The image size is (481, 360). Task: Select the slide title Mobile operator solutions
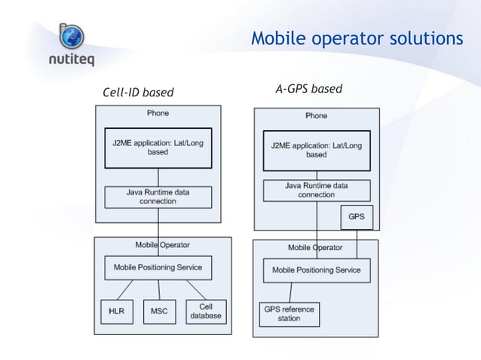coord(357,38)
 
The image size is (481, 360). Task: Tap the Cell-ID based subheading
coord(138,93)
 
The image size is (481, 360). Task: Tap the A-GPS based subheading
coord(308,89)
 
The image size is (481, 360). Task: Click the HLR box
coord(116,311)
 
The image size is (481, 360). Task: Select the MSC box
coord(159,311)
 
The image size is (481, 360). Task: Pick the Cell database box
coord(205,311)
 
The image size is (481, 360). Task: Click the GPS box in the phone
coord(357,217)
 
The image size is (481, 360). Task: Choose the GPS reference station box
coord(288,313)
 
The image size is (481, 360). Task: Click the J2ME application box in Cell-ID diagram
coord(158,148)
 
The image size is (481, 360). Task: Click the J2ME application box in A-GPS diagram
coord(316,150)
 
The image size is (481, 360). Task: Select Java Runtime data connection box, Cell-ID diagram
coord(158,197)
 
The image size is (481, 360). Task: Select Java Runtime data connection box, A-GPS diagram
coord(316,190)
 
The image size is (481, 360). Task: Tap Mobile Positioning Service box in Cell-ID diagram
coord(158,267)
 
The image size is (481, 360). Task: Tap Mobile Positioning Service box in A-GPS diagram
coord(316,270)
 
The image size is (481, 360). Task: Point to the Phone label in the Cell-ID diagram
coord(158,113)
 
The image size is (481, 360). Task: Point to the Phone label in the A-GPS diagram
coord(316,116)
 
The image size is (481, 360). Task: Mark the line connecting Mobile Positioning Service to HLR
coord(126,289)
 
